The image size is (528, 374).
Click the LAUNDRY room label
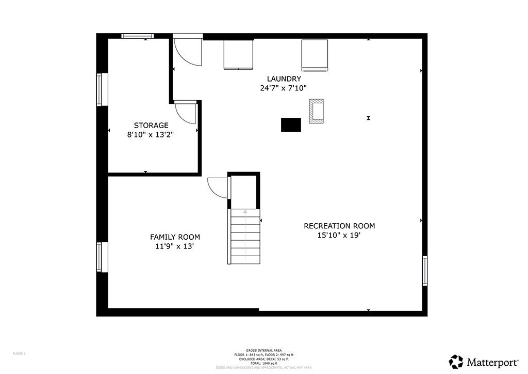(x=284, y=79)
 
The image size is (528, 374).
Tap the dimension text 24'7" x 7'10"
(x=284, y=88)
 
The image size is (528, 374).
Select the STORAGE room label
(x=151, y=125)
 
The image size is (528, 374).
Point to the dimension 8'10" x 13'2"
(x=151, y=134)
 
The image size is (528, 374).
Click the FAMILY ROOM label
(x=175, y=237)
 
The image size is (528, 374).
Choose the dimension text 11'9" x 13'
(x=175, y=246)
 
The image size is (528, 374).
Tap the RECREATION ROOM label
(x=339, y=226)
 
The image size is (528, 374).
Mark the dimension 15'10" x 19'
(x=339, y=235)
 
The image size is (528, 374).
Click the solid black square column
(x=291, y=125)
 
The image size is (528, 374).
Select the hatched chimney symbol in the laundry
(x=316, y=111)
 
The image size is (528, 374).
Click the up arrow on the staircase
(x=245, y=211)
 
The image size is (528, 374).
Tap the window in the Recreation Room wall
(x=425, y=271)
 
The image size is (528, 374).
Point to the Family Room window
(x=102, y=257)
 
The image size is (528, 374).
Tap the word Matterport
(x=493, y=361)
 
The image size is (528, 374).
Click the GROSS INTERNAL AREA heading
(x=264, y=351)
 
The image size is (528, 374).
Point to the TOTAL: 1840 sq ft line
(x=264, y=363)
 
